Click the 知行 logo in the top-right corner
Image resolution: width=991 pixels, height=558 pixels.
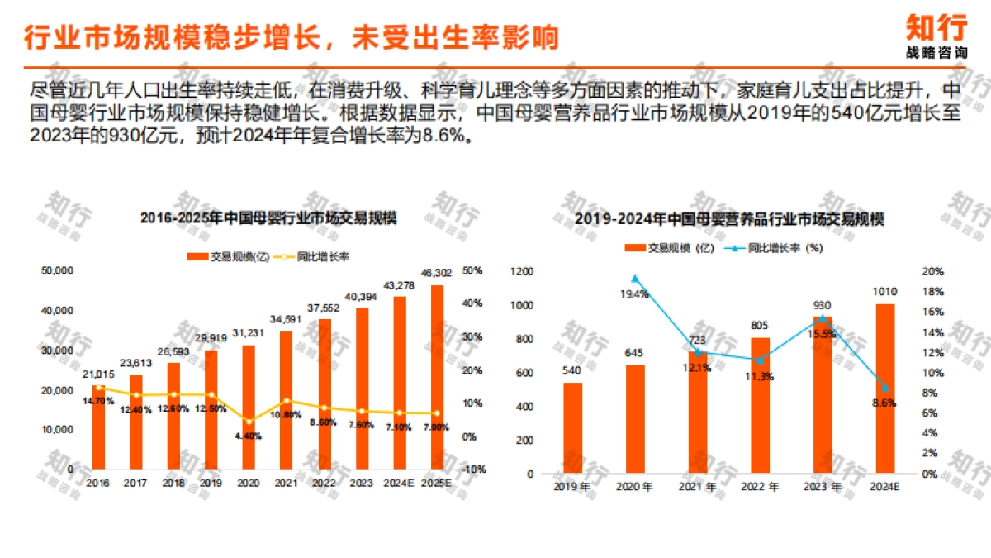(936, 35)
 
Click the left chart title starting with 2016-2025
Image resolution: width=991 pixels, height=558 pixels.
(268, 218)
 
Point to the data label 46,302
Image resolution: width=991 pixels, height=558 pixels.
(437, 273)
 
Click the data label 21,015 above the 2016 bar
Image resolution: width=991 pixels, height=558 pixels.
(98, 374)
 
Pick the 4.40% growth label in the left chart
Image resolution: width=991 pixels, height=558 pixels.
(249, 436)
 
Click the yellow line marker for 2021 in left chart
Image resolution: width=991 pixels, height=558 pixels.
(287, 401)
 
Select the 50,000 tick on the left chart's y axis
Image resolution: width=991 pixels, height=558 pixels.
(58, 270)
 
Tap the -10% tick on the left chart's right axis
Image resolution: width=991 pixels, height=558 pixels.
(474, 470)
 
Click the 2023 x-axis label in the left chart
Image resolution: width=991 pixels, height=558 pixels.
(361, 484)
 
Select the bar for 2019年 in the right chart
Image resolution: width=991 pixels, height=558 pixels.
(572, 427)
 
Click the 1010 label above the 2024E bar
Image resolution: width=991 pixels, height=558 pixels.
(884, 291)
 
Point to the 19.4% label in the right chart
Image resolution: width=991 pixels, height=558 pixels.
(635, 293)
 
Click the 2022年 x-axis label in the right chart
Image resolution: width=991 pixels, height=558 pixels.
(760, 487)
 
